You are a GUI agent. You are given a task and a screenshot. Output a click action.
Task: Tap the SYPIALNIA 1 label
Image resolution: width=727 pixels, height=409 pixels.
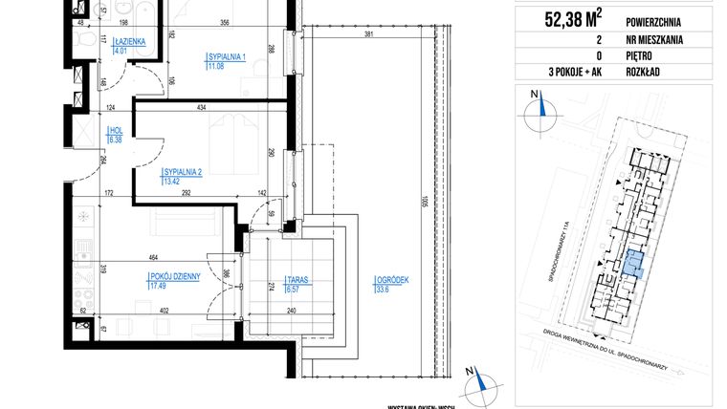(227, 58)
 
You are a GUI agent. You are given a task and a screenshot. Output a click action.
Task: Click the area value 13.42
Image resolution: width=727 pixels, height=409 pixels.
(172, 182)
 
